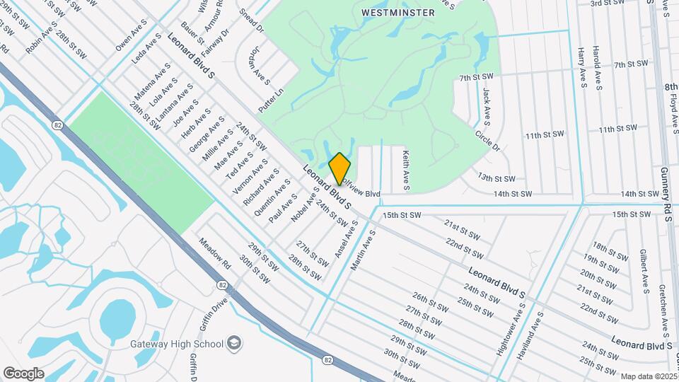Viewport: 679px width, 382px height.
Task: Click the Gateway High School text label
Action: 176,344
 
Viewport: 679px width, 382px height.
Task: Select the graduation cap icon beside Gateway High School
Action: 233,344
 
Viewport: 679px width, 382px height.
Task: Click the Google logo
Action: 23,374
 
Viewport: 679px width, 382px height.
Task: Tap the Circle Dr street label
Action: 487,139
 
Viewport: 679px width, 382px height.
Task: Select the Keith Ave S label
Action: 406,170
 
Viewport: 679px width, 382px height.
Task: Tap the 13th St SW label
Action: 496,178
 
